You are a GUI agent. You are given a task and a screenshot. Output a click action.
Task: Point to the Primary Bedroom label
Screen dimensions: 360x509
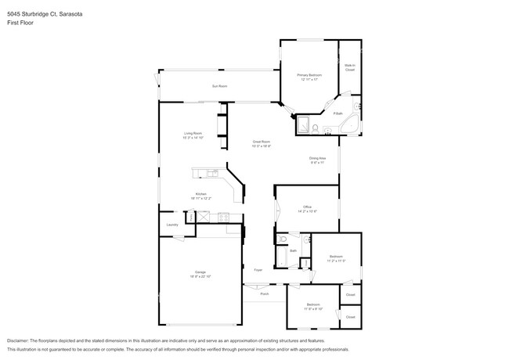309,75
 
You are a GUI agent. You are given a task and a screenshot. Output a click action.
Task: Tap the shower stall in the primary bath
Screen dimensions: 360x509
302,126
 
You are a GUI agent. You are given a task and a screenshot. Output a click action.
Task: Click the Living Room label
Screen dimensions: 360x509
193,133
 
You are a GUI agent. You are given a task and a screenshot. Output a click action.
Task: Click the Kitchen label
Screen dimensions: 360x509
200,194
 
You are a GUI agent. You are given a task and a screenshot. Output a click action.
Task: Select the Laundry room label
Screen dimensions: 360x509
172,225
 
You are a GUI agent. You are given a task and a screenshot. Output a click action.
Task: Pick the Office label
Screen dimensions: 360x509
307,207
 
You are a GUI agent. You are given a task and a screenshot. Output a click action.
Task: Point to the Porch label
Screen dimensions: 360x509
265,294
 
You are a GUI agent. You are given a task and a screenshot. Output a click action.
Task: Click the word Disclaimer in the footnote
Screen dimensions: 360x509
17,341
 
